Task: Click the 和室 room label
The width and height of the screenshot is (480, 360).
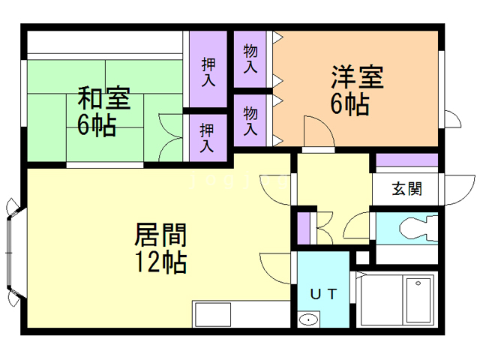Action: click(104, 98)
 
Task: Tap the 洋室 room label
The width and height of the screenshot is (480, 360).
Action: click(358, 78)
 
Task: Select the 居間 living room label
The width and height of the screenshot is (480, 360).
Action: click(160, 235)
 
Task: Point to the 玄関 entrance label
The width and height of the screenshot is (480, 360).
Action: click(406, 188)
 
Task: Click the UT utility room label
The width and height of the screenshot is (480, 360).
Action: click(323, 293)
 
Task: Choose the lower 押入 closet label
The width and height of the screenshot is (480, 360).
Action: click(207, 136)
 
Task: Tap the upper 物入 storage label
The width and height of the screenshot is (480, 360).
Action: click(250, 58)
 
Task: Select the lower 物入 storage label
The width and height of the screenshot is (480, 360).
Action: click(250, 121)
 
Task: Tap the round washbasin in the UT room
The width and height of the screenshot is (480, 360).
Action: click(308, 321)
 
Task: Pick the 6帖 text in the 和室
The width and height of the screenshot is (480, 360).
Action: click(96, 124)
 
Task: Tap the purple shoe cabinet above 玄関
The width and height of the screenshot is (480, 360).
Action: click(406, 160)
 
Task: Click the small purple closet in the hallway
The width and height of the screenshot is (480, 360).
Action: click(303, 228)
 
